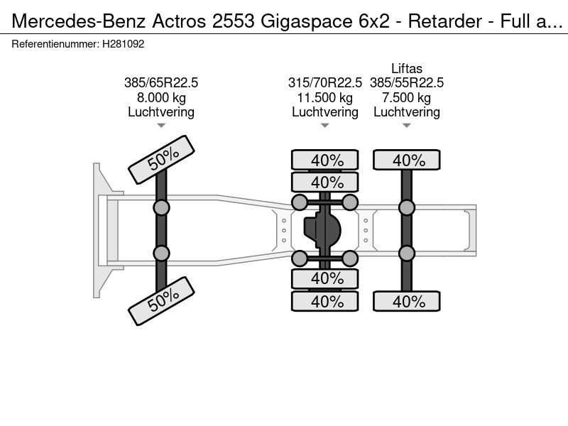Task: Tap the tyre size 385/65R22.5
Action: (x=161, y=83)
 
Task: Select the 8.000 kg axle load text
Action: (x=161, y=97)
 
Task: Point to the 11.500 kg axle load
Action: (x=324, y=97)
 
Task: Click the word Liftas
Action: (x=406, y=69)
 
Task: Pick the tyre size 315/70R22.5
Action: (x=324, y=83)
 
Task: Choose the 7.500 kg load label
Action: (x=406, y=97)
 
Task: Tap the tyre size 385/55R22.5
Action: (x=406, y=83)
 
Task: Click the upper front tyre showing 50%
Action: (x=161, y=160)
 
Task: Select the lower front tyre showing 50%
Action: (x=161, y=300)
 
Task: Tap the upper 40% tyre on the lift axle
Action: (x=408, y=160)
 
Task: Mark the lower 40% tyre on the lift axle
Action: (x=408, y=301)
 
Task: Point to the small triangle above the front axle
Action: (x=161, y=126)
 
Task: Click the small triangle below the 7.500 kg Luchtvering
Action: (x=406, y=126)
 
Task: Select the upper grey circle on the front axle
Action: (x=162, y=207)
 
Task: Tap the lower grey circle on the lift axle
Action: (x=407, y=253)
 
